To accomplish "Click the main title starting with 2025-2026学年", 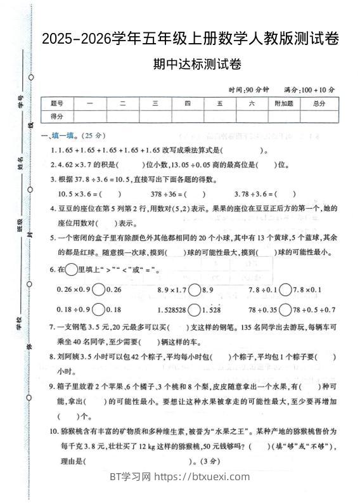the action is coord(190,39).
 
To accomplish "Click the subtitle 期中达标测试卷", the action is coord(188,64).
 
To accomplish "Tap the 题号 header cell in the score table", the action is coord(57,103).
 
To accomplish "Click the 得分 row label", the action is coord(57,116).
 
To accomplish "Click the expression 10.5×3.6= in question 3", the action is coord(79,194).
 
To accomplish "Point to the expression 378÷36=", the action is coord(167,194).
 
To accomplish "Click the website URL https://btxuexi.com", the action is coord(203,477).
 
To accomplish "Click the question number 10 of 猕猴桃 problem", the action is coord(54,431).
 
